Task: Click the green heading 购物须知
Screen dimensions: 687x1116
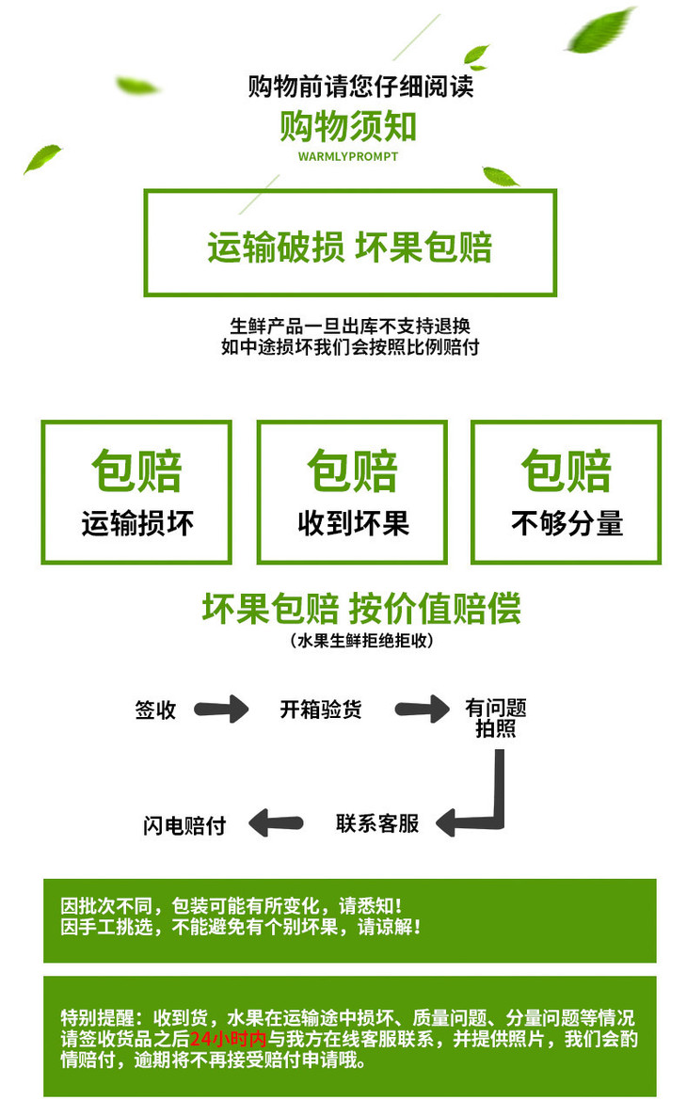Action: tap(347, 126)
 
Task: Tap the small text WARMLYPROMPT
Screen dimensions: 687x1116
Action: tap(347, 156)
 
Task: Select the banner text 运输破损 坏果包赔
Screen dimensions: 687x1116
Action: tap(349, 247)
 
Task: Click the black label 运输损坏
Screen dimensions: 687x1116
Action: tap(136, 523)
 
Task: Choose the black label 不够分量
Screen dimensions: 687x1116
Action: tap(567, 523)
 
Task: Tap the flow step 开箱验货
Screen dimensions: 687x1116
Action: tap(320, 709)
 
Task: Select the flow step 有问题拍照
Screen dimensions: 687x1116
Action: tap(495, 718)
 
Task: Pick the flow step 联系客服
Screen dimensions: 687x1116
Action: tap(377, 823)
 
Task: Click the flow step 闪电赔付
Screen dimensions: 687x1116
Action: tap(184, 825)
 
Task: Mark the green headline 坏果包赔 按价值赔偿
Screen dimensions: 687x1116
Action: tap(360, 609)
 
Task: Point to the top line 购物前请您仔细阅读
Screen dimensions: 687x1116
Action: tap(360, 87)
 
